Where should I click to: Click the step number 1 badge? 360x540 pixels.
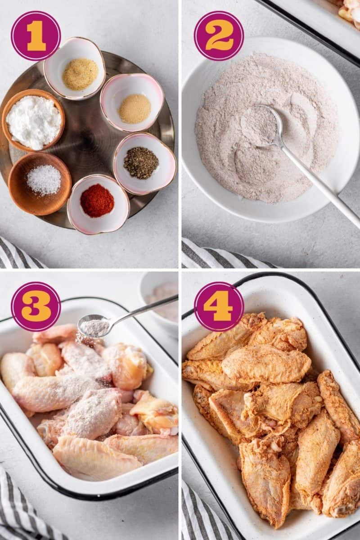click(x=36, y=36)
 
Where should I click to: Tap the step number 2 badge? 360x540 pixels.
click(x=219, y=36)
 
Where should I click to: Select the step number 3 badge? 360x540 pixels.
click(x=36, y=306)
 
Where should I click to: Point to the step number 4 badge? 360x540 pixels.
click(x=219, y=306)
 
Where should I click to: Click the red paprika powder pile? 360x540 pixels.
click(x=97, y=201)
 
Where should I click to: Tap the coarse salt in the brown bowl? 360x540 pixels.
click(x=43, y=180)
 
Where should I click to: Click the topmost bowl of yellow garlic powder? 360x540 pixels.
click(x=80, y=74)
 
